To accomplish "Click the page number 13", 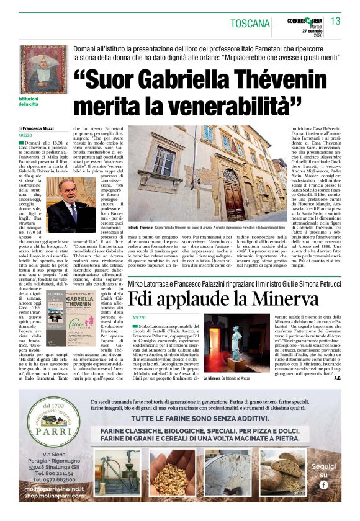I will click(x=335, y=22).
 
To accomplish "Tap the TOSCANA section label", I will click(x=250, y=24).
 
